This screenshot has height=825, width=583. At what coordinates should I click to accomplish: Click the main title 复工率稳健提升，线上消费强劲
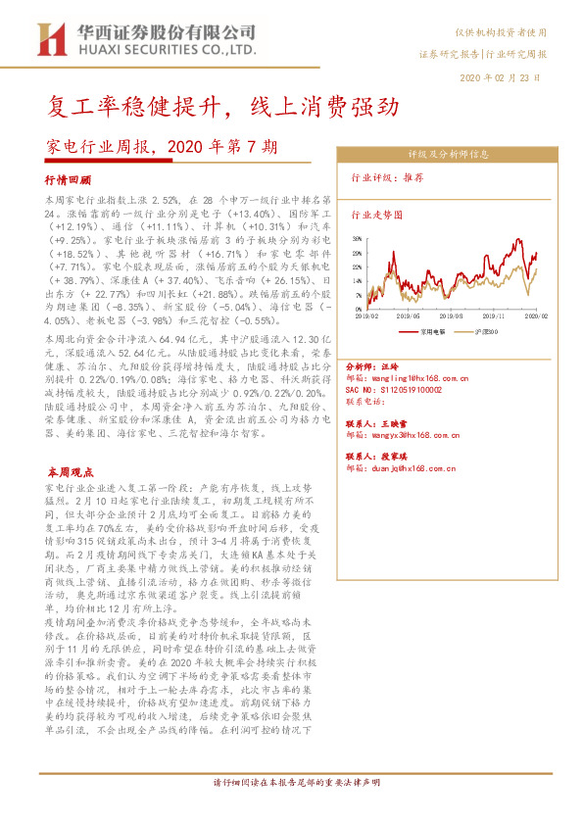[x=194, y=105]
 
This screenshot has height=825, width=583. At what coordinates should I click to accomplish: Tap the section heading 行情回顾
[x=68, y=180]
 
